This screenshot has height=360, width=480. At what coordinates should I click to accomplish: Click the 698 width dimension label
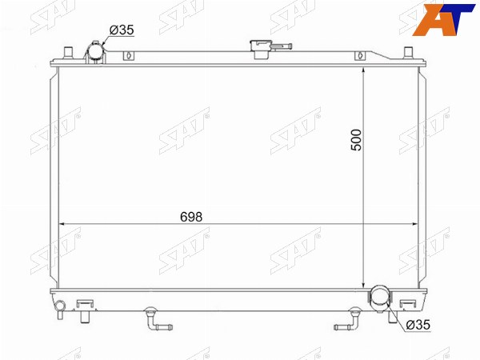(191, 217)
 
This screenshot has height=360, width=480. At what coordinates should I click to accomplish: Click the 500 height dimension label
(356, 140)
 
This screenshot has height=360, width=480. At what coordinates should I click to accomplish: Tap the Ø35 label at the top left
(122, 30)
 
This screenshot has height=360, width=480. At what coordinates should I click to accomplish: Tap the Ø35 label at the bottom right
(418, 325)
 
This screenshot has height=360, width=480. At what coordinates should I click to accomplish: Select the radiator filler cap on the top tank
(260, 49)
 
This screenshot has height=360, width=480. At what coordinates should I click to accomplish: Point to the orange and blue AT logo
(443, 19)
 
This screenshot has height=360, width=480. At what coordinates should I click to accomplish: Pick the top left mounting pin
(68, 53)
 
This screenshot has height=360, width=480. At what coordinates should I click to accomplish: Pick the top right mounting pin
(408, 52)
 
